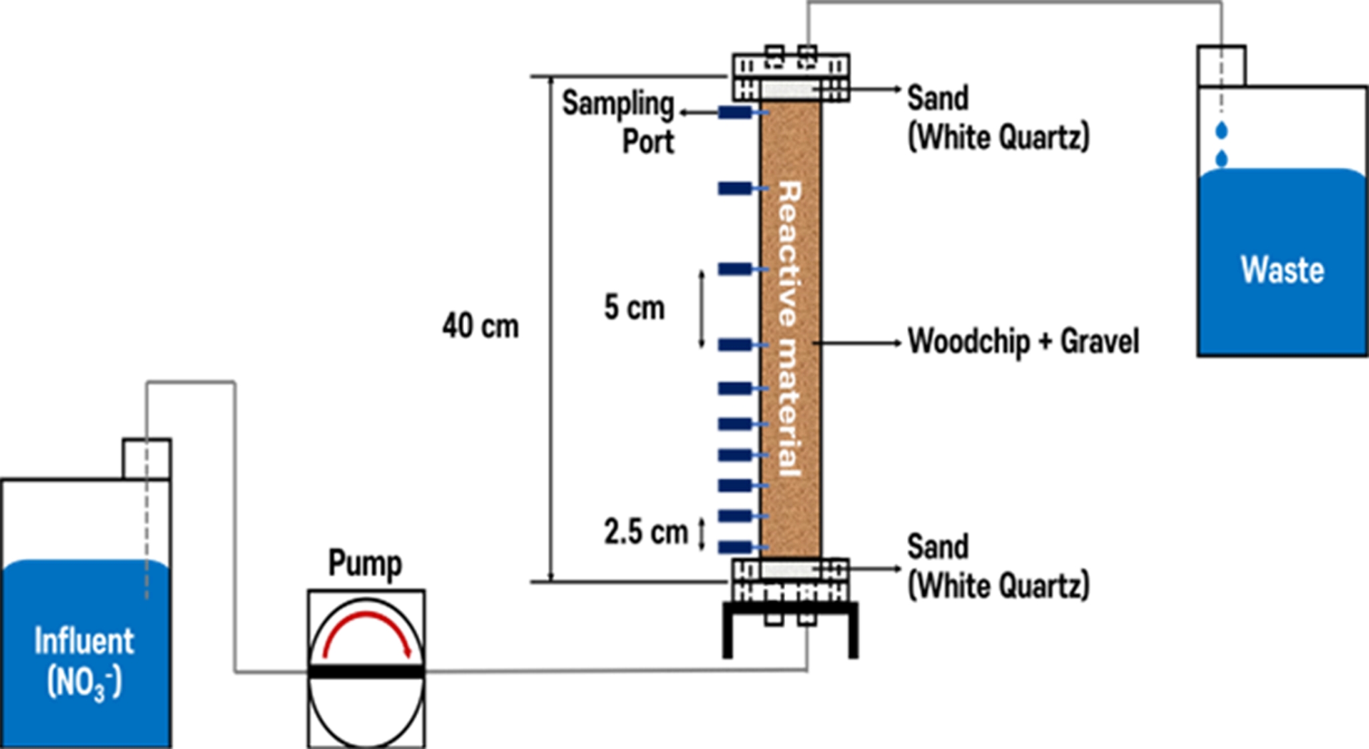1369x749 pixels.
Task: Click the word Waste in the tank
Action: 1282,270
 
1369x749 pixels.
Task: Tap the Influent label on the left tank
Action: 84,641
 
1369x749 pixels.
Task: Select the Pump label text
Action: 365,562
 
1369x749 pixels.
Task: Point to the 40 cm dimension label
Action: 480,326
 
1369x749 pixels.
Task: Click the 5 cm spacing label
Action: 634,308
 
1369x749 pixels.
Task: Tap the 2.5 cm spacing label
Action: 645,532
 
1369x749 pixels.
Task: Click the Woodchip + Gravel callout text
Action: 1023,341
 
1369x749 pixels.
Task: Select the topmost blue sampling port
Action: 735,112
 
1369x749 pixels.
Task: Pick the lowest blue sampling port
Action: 735,547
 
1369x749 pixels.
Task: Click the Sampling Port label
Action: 619,122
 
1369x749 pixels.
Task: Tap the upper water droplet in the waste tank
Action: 1221,130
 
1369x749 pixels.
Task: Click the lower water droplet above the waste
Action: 1221,159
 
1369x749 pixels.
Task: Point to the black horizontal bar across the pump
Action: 366,671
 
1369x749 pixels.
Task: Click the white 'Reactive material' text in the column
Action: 791,328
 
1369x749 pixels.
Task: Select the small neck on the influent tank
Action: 146,459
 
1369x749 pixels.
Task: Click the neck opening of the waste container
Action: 1221,66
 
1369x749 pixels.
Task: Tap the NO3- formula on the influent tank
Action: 84,683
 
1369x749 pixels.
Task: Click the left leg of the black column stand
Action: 728,632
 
